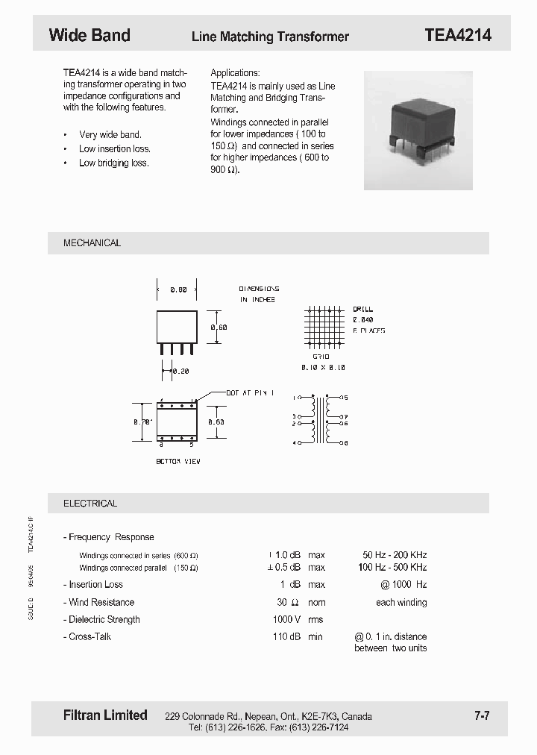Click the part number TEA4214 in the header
coord(457,35)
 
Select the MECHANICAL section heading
coord(92,243)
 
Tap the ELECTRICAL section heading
coord(90,504)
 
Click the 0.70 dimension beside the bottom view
coord(142,422)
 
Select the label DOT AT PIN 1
coord(250,392)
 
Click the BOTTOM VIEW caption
coord(178,462)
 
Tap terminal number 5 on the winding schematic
coord(346,398)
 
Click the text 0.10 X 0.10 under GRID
coord(322,368)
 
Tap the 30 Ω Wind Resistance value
coord(288,602)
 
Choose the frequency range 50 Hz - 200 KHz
coord(395,555)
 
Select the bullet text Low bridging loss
coord(114,163)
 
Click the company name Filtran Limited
coord(105,715)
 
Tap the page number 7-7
coord(482,716)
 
